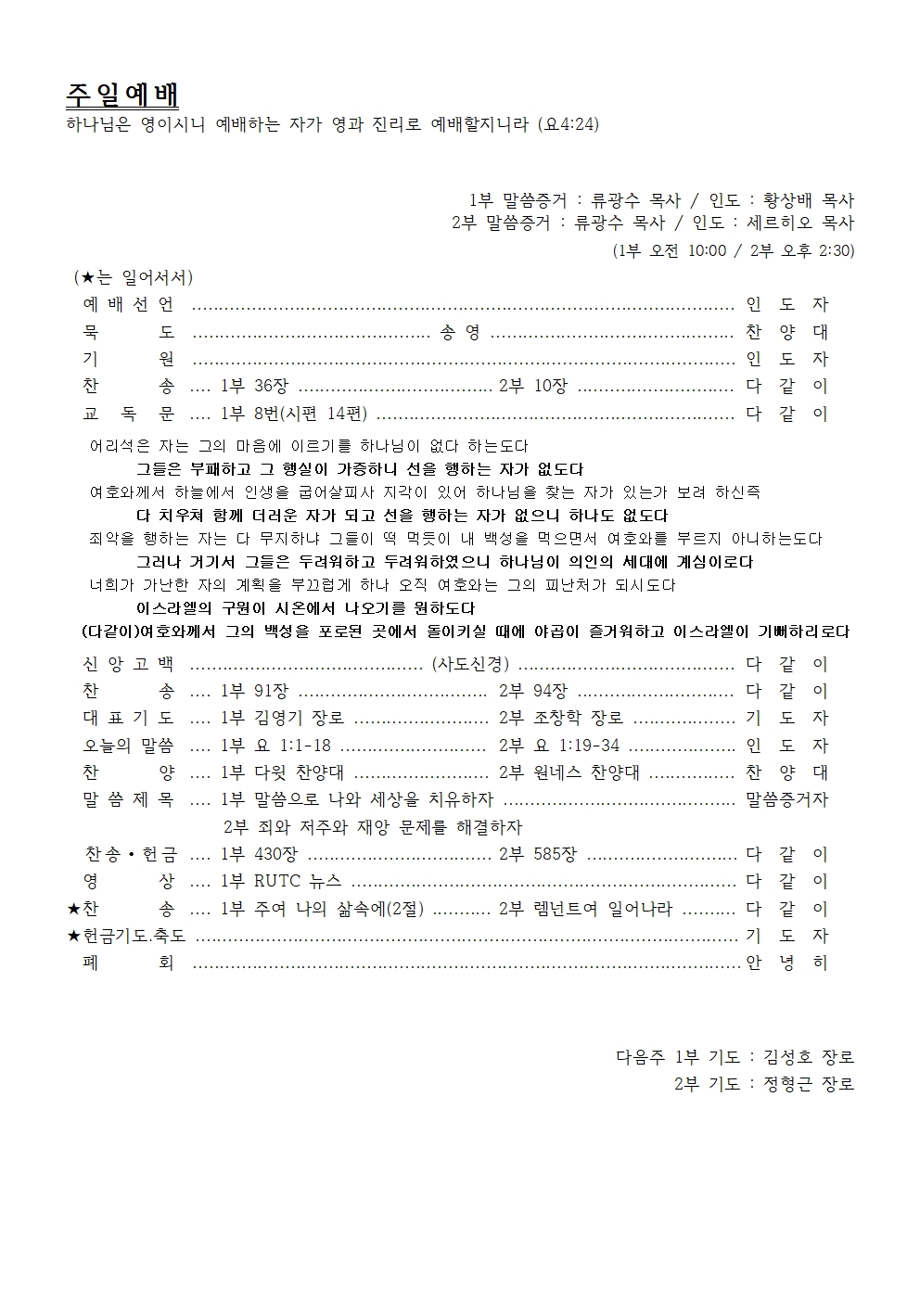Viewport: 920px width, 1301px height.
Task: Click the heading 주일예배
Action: [x=122, y=95]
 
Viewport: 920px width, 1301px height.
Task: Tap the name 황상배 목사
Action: [x=808, y=199]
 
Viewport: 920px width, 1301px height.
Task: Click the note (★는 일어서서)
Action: [x=134, y=277]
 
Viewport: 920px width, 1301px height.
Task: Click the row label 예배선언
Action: [x=128, y=304]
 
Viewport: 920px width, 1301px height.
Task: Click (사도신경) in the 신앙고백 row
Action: [x=470, y=664]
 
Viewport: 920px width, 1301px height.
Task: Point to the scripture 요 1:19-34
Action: [x=576, y=746]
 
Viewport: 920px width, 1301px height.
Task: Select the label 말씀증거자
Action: [x=786, y=799]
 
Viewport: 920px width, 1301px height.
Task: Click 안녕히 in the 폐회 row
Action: [x=786, y=963]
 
